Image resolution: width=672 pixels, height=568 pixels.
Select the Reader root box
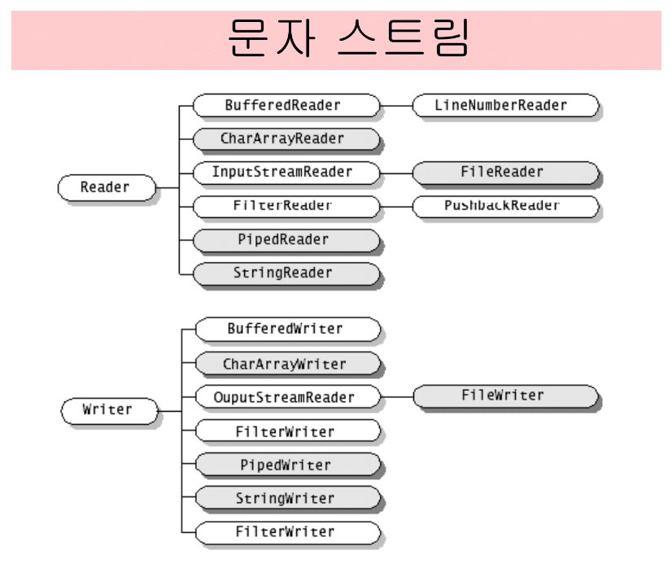pyautogui.click(x=105, y=187)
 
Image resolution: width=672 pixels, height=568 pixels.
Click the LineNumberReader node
pyautogui.click(x=505, y=105)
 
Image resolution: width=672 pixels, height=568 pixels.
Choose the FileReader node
pyautogui.click(x=505, y=172)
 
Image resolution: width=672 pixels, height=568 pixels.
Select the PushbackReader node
pyautogui.click(x=505, y=205)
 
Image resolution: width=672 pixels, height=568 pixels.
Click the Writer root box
pyautogui.click(x=108, y=409)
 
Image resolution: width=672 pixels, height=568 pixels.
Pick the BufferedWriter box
pyautogui.click(x=287, y=329)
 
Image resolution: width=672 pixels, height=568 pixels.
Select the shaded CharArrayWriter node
pyautogui.click(x=287, y=364)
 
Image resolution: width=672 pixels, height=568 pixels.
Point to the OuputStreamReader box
pyautogui.click(x=287, y=398)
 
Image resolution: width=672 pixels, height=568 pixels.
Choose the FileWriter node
pyautogui.click(x=505, y=396)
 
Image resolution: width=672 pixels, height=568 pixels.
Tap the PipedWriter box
pyautogui.click(x=287, y=465)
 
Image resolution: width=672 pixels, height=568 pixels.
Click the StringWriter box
pyautogui.click(x=287, y=497)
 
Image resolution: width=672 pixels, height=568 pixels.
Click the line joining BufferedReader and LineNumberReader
pyautogui.click(x=396, y=105)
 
